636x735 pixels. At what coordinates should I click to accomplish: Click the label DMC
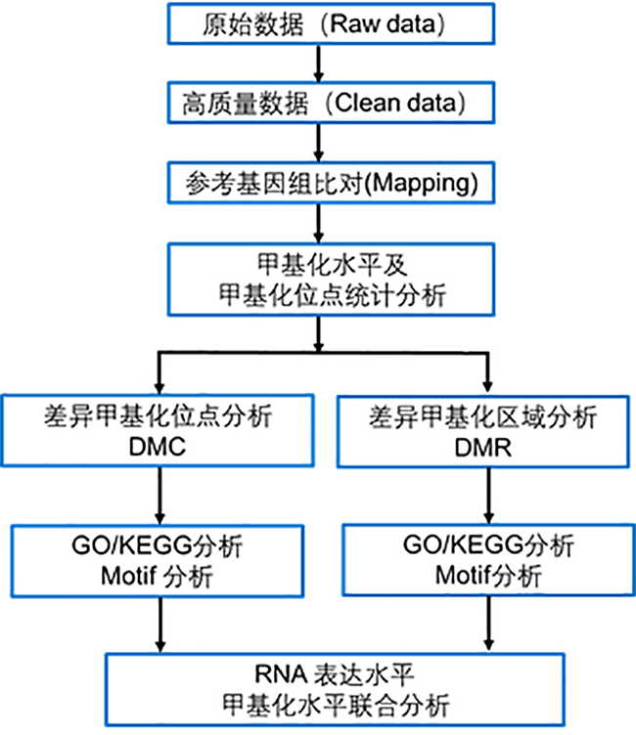[x=157, y=449]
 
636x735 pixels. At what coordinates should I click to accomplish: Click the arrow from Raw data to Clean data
[x=318, y=61]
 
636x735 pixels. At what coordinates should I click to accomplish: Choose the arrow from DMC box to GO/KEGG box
[x=157, y=497]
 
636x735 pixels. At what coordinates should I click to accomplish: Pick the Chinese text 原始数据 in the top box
[x=241, y=23]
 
